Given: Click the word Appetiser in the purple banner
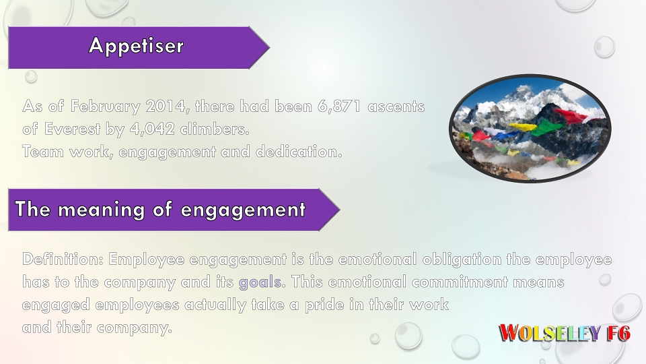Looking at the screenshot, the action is click(x=137, y=46).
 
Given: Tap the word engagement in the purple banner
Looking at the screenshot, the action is click(x=243, y=210).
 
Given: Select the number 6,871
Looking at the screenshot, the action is click(x=339, y=107).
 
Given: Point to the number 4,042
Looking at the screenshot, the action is click(x=153, y=129).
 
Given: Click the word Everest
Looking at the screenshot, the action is click(x=72, y=129).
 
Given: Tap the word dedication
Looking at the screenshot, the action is click(x=299, y=152).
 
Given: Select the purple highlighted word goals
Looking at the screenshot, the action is click(x=260, y=282).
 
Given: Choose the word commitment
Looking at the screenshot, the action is click(x=460, y=282).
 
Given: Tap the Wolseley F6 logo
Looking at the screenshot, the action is click(x=565, y=332).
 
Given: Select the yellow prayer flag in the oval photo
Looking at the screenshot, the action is click(x=523, y=126).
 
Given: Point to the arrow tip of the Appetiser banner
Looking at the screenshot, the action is click(x=270, y=47).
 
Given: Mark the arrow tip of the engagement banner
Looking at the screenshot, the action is click(x=340, y=210).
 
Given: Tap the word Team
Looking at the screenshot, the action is click(x=43, y=152).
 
